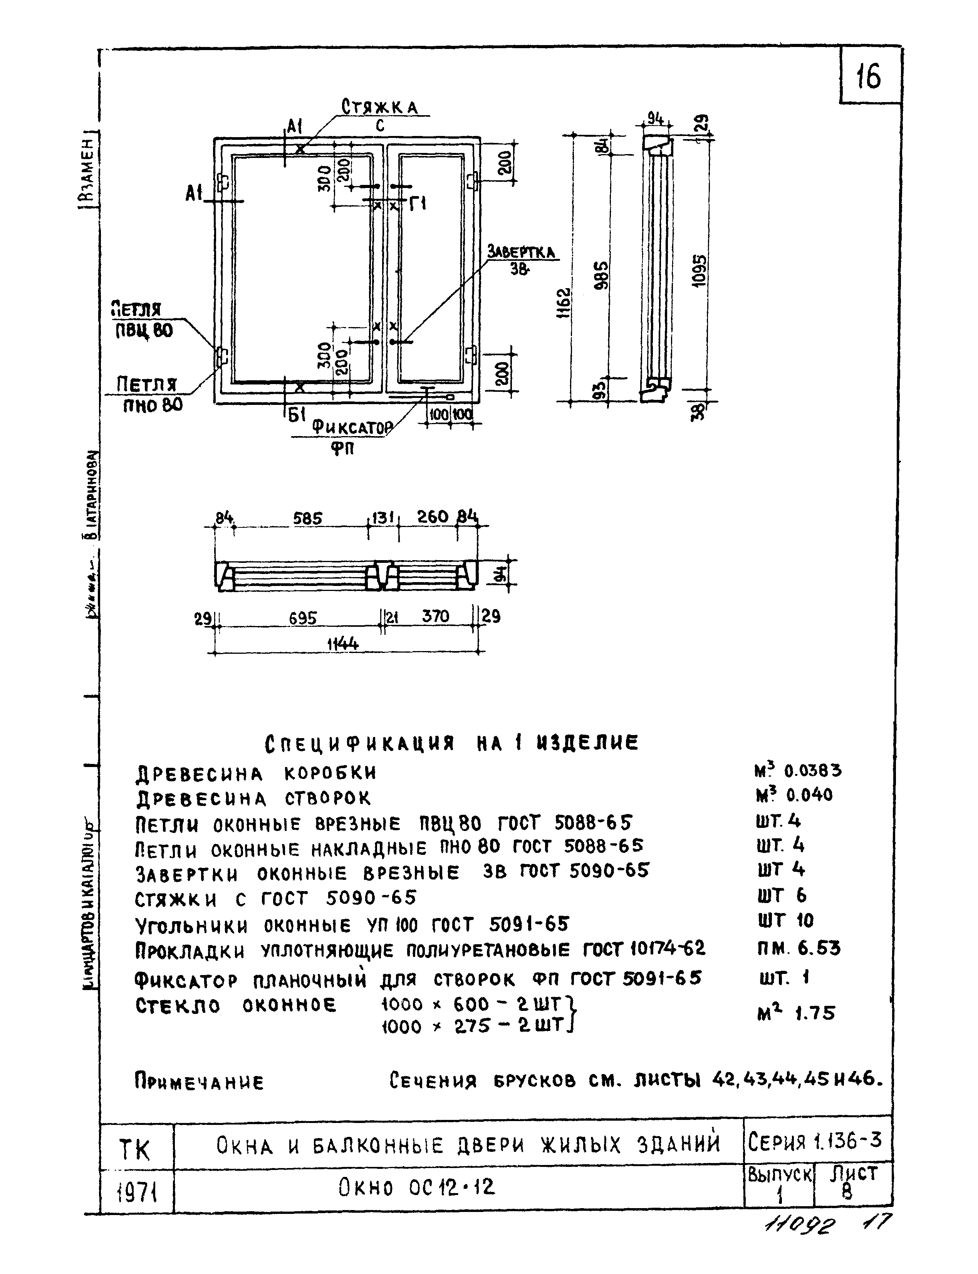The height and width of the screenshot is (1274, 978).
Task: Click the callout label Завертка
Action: [522, 252]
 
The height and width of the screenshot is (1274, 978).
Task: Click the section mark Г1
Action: [418, 204]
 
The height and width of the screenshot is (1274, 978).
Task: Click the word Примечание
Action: [199, 1082]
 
